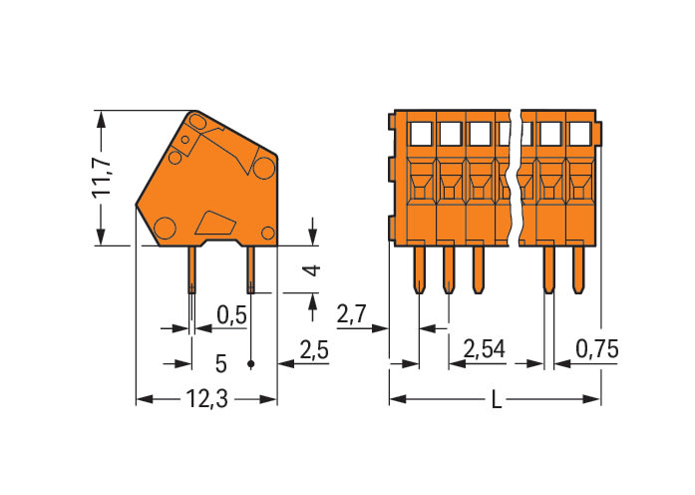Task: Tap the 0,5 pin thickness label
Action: [x=231, y=315]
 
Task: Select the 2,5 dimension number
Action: [x=314, y=350]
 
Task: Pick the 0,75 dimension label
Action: [x=598, y=350]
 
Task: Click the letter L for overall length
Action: [x=495, y=400]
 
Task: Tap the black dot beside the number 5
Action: [x=249, y=364]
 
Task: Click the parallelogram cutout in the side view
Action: [x=213, y=221]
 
